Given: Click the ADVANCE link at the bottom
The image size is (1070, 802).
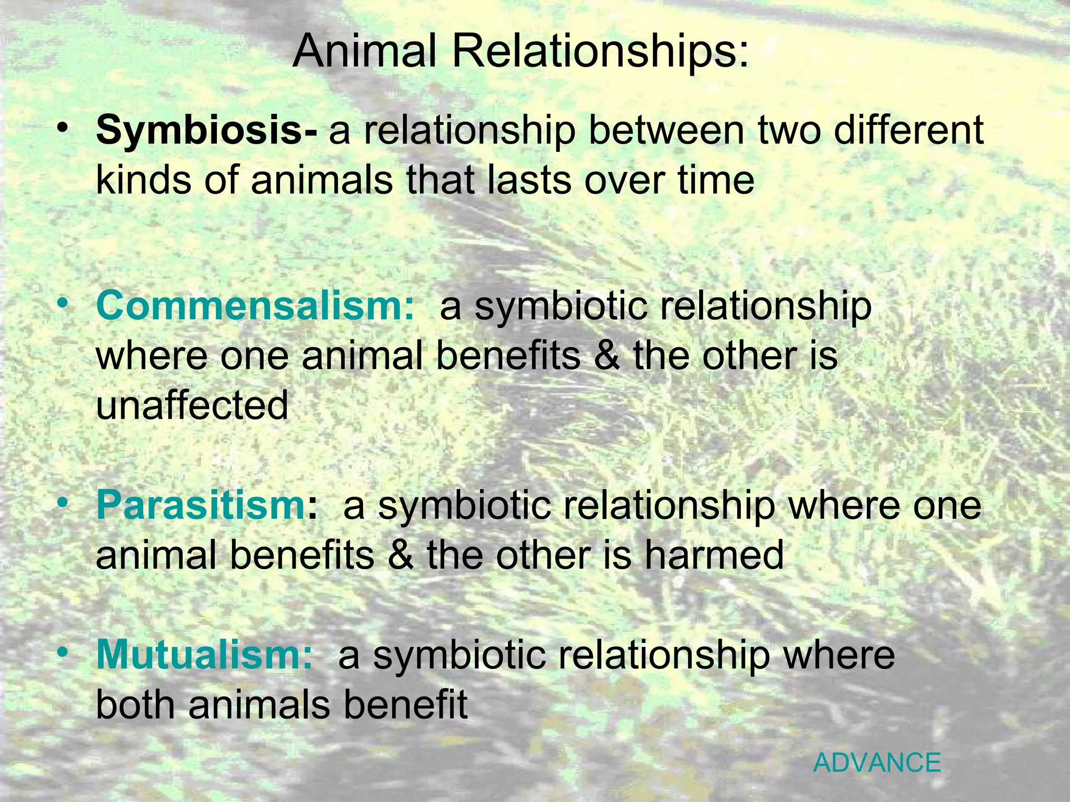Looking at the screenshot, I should tap(877, 763).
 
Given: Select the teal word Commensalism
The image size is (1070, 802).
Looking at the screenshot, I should tap(255, 306).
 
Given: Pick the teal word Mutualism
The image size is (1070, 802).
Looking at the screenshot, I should tap(204, 655).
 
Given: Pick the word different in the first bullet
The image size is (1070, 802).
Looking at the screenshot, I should tap(909, 131).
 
